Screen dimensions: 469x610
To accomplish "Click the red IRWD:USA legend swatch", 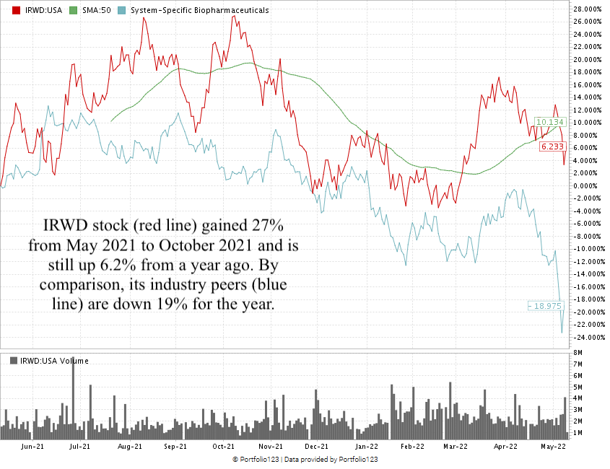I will pyautogui.click(x=6, y=11).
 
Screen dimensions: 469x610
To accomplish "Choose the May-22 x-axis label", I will pyautogui.click(x=554, y=447).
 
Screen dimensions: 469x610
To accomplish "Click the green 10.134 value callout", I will pyautogui.click(x=550, y=122).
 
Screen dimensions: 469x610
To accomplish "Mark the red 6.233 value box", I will pyautogui.click(x=552, y=146).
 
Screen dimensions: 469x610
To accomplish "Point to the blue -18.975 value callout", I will pyautogui.click(x=546, y=306).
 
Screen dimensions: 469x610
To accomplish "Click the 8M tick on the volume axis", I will pyautogui.click(x=579, y=353).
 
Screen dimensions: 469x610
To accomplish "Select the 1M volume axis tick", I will pyautogui.click(x=579, y=432).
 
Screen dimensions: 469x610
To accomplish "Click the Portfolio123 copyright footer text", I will pyautogui.click(x=305, y=460).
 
